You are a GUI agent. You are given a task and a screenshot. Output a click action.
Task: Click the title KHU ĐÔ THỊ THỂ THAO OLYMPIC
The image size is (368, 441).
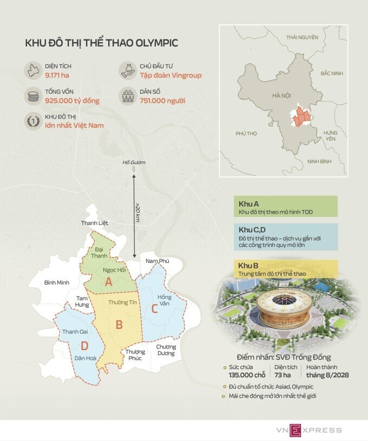click(102, 43)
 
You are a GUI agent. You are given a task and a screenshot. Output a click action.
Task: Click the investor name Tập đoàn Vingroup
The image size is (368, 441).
click(169, 75)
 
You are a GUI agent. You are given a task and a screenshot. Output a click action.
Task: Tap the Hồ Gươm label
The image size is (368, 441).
click(134, 162)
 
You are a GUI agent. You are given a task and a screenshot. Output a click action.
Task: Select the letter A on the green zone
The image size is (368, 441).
click(108, 282)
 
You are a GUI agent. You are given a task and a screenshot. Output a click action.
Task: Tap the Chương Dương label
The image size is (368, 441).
click(166, 350)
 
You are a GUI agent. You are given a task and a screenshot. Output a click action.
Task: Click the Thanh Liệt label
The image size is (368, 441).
click(95, 223)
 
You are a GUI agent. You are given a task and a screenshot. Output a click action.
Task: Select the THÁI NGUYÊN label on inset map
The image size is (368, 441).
click(302, 37)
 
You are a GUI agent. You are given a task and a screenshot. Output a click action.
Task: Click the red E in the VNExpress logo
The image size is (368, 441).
click(296, 430)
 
